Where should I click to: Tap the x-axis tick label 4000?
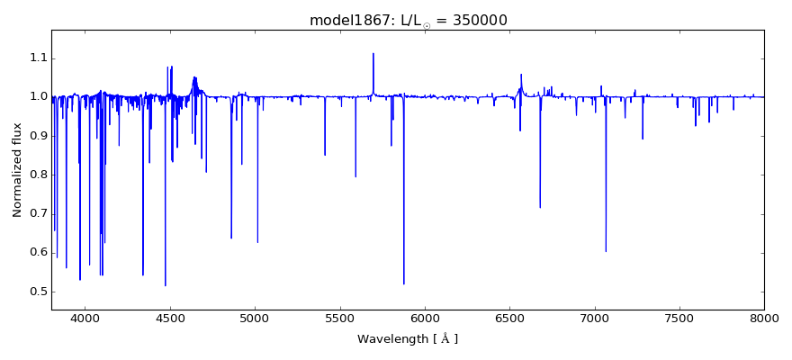point(85,319)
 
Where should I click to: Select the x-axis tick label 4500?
point(170,319)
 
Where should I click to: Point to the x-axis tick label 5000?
point(255,319)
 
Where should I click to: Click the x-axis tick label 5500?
point(339,319)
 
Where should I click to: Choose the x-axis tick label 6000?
point(425,319)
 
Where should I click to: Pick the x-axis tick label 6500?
point(509,319)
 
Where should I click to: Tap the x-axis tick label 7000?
point(594,319)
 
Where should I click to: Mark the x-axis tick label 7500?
point(679,319)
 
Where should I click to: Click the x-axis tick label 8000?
point(764,319)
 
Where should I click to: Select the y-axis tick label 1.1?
point(37,58)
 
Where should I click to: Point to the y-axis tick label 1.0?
point(37,97)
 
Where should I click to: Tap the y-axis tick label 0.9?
point(37,136)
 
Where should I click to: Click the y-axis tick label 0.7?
point(37,213)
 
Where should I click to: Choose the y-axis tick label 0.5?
point(37,291)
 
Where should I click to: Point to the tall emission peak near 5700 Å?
point(373,54)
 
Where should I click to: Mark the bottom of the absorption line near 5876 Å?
point(404,283)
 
